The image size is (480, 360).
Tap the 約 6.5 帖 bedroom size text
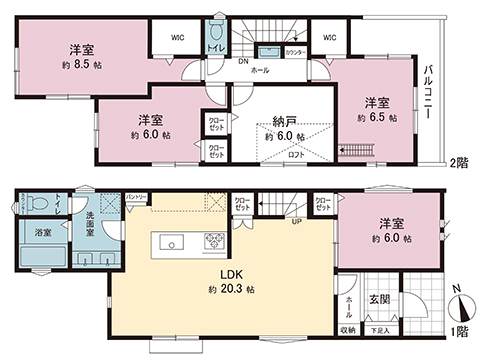376,117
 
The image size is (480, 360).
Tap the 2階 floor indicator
458,161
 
